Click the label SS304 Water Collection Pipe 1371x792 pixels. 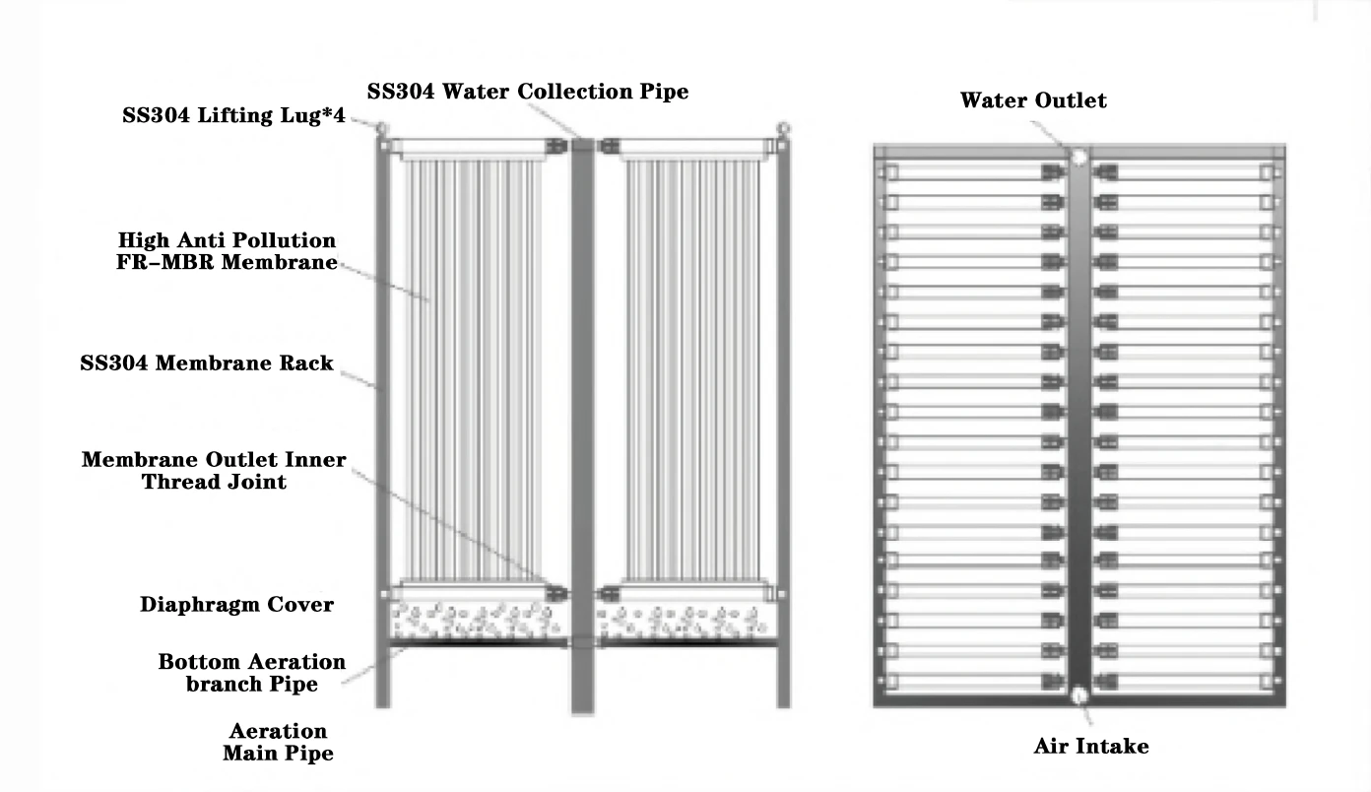click(527, 92)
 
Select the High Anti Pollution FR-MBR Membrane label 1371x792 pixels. click(227, 251)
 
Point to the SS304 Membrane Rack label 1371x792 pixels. click(207, 363)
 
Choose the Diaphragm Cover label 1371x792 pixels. click(236, 605)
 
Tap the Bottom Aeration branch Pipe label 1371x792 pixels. click(252, 672)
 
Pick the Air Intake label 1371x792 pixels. click(1090, 746)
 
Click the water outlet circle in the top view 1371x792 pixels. click(1078, 156)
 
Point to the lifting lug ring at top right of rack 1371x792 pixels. click(784, 126)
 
